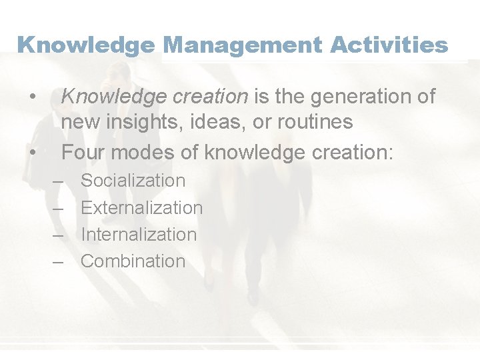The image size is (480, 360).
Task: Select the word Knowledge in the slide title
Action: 86,45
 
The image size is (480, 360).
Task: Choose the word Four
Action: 83,153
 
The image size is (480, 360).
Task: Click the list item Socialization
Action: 133,181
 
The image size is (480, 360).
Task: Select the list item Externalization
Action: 141,208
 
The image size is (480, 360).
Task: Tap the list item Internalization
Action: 139,235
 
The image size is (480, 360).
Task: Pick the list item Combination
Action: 133,261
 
